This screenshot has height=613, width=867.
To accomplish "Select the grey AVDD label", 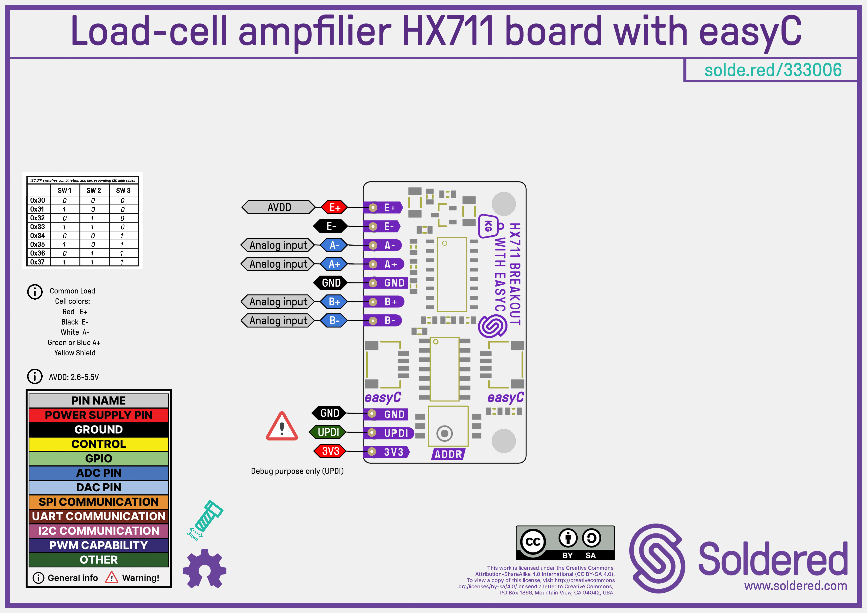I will coord(279,207).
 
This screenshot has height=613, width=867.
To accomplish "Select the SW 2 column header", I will coord(94,190).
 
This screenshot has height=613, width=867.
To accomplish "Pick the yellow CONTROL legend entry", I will coord(99,444).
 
